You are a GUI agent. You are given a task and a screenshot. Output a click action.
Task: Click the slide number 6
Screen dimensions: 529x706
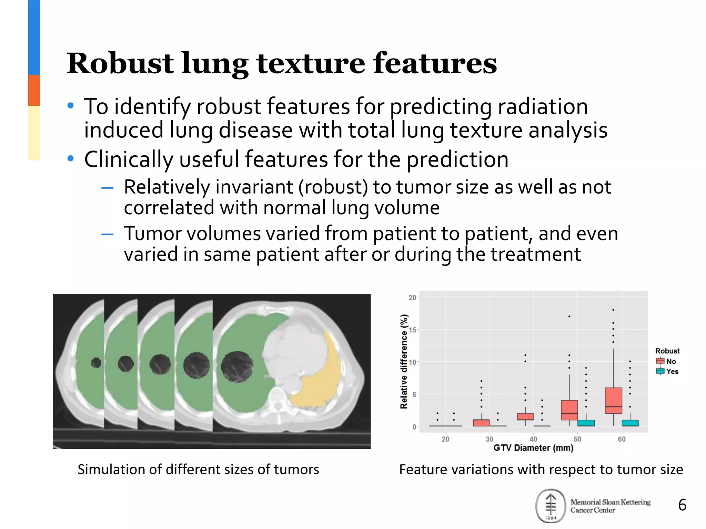(x=682, y=505)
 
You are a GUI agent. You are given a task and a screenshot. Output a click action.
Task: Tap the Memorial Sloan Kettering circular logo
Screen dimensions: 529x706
(x=551, y=506)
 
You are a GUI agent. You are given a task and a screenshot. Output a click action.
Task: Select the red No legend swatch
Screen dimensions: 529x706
(x=660, y=361)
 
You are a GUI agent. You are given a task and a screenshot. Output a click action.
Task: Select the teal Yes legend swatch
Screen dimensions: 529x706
(x=660, y=371)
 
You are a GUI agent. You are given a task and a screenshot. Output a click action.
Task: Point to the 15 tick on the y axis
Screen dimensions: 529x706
(x=412, y=330)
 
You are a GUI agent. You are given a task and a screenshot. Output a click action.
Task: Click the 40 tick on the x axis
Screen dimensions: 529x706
(x=533, y=439)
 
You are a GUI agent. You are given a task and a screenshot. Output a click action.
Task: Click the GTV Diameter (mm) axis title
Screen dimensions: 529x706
(x=533, y=448)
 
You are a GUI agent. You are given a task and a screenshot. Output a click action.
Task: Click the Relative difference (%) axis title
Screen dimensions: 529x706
(x=404, y=362)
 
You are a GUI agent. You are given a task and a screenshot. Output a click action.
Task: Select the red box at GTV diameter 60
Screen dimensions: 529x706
(x=613, y=400)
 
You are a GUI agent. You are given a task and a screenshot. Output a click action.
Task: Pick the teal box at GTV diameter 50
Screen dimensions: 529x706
(x=586, y=423)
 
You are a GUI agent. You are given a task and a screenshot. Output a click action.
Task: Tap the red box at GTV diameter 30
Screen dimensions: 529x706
(x=481, y=423)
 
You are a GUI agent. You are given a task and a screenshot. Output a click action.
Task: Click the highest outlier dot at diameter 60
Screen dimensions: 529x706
(x=613, y=310)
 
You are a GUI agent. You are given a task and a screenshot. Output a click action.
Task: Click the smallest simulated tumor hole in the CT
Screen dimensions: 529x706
(x=96, y=362)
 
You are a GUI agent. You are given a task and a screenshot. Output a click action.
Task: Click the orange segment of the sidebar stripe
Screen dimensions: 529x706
(x=34, y=90)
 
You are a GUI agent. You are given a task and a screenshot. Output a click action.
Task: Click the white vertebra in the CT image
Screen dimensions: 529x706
(x=277, y=400)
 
